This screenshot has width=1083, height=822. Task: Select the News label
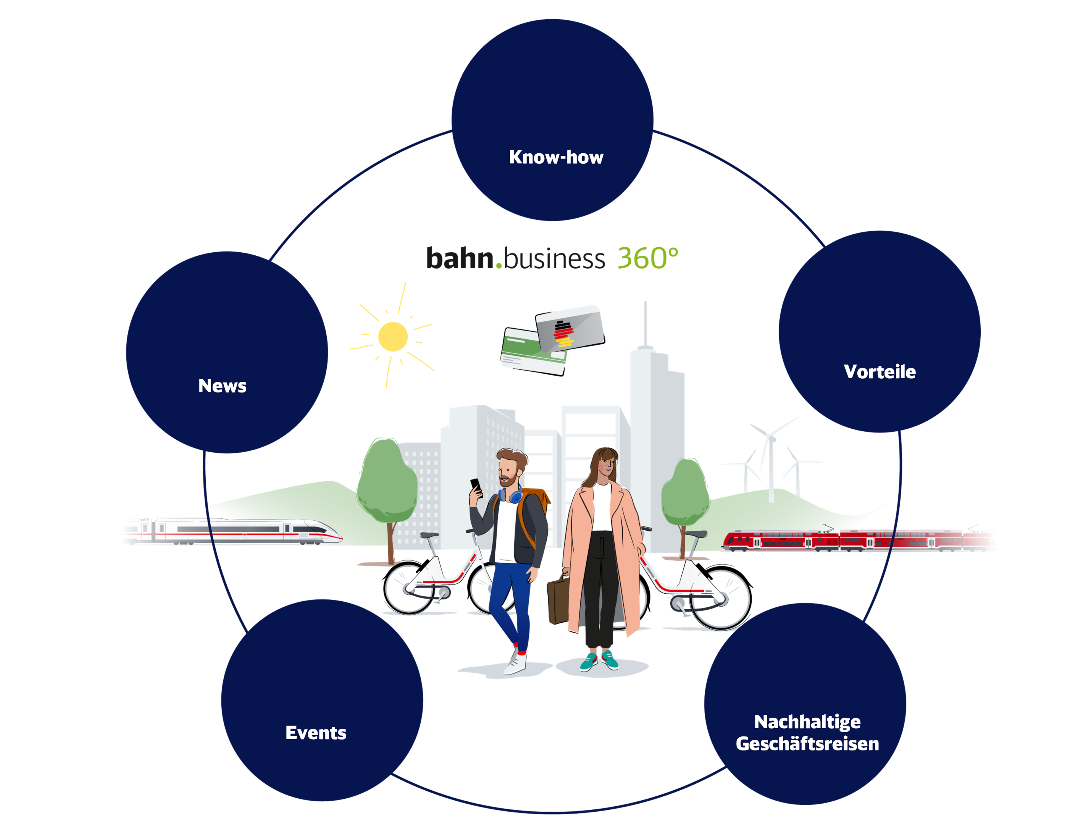[x=222, y=386]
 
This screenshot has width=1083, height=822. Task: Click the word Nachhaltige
[x=807, y=722]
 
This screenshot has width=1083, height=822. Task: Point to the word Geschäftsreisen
[x=807, y=744]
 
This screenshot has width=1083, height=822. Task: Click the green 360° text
[x=647, y=258]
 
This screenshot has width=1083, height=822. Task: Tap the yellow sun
[x=393, y=336]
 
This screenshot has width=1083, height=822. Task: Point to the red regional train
[x=859, y=540]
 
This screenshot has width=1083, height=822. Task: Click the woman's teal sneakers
[x=599, y=661]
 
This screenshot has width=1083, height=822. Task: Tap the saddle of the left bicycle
[x=429, y=535]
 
